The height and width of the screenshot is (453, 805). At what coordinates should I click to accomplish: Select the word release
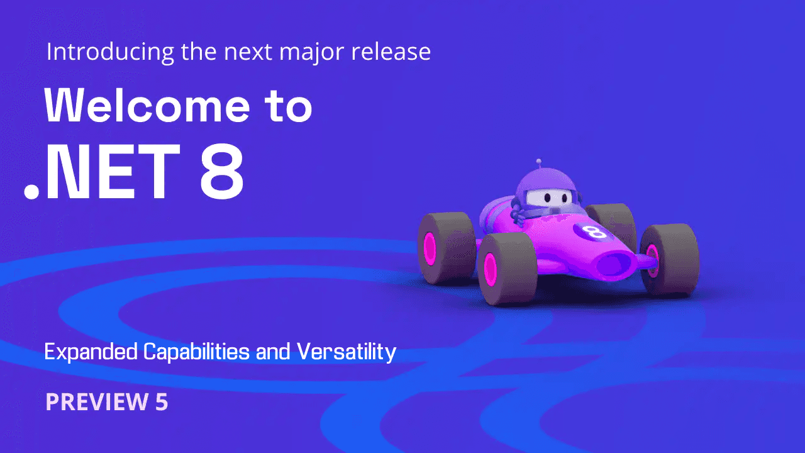396,52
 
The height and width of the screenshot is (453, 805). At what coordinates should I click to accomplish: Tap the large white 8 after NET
221,171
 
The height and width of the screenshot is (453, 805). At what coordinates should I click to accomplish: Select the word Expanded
91,352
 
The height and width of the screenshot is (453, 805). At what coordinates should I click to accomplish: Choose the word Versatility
347,352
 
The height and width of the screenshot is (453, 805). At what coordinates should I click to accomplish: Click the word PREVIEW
95,402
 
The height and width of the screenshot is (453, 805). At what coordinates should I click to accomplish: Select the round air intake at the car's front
614,262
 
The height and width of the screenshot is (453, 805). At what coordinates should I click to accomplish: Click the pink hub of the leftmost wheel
430,248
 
